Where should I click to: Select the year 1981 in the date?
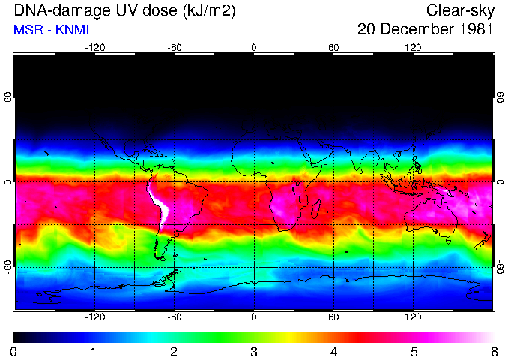pyautogui.click(x=474, y=30)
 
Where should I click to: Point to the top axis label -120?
pyautogui.click(x=94, y=47)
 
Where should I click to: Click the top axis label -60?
pyautogui.click(x=175, y=47)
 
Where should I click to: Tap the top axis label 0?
pyautogui.click(x=254, y=47)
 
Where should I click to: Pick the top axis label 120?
pyautogui.click(x=413, y=47)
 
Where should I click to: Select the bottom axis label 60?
pyautogui.click(x=333, y=316)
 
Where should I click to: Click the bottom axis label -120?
pyautogui.click(x=94, y=316)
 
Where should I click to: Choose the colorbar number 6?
pyautogui.click(x=494, y=351)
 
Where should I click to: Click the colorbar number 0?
pyautogui.click(x=14, y=351)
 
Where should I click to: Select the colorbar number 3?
pyautogui.click(x=254, y=351)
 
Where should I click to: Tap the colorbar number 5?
pyautogui.click(x=414, y=351)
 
